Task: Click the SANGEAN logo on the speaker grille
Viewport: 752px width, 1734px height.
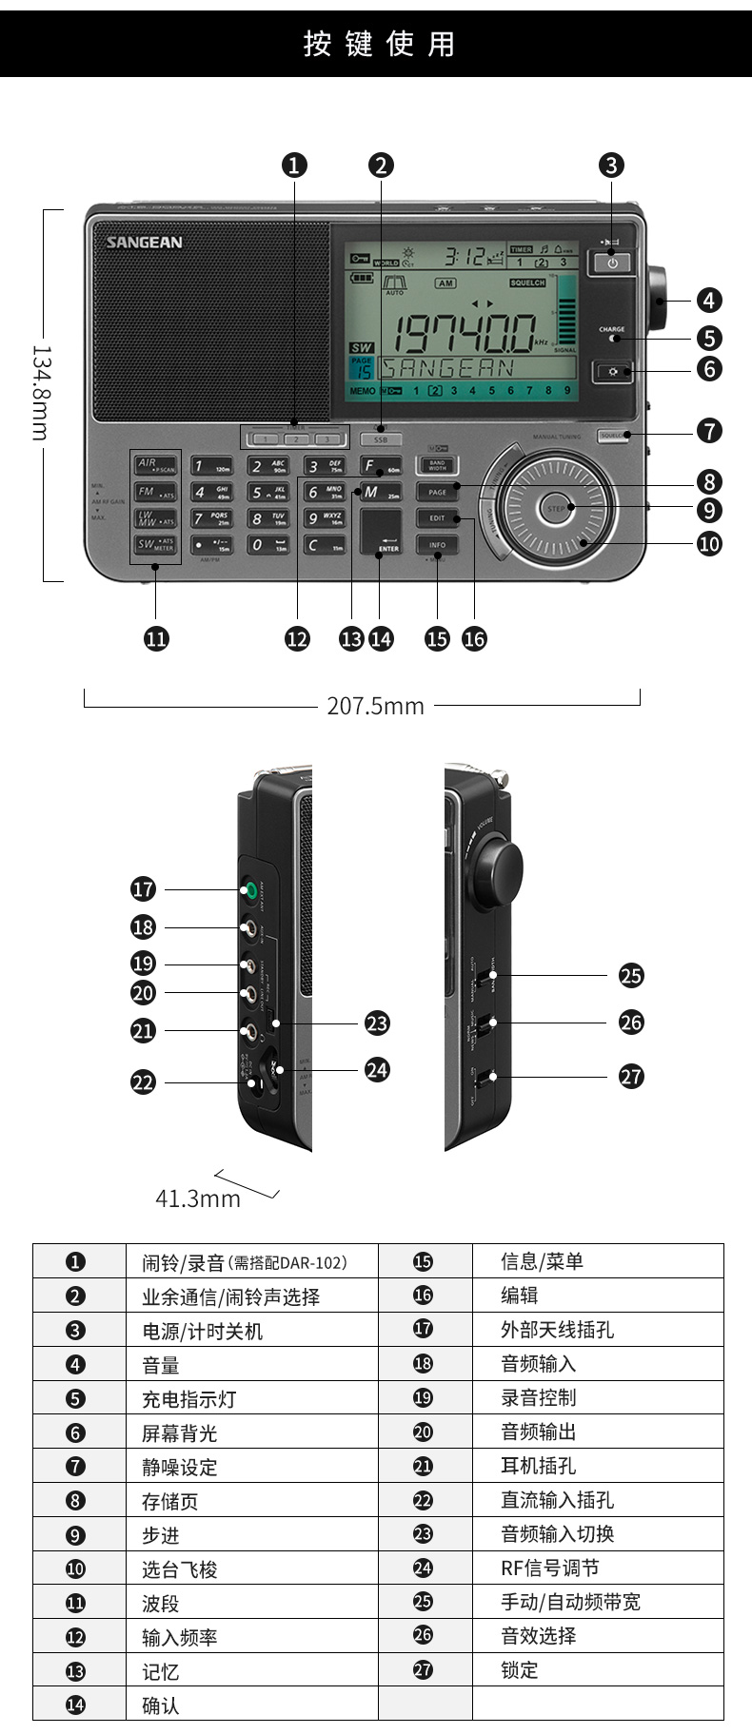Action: pyautogui.click(x=144, y=243)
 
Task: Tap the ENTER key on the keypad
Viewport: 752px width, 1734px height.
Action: pyautogui.click(x=381, y=532)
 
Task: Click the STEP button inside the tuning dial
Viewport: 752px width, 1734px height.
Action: pyautogui.click(x=556, y=508)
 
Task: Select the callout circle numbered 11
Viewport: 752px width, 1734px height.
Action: pyautogui.click(x=156, y=638)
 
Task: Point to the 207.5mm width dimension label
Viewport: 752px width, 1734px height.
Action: pyautogui.click(x=375, y=705)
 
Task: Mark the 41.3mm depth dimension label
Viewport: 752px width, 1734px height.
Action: pyautogui.click(x=198, y=1198)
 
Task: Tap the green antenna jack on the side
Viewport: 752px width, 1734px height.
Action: pyautogui.click(x=249, y=890)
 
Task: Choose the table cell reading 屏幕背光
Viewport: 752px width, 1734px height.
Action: pyautogui.click(x=180, y=1433)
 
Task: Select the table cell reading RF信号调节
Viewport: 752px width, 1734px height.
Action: pyautogui.click(x=549, y=1568)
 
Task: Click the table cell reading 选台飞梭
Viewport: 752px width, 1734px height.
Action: pyautogui.click(x=180, y=1569)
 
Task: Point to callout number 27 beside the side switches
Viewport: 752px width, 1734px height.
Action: pyautogui.click(x=631, y=1076)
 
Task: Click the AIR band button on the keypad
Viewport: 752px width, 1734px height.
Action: pyautogui.click(x=155, y=465)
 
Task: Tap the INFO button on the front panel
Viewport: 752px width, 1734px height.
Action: pyautogui.click(x=437, y=545)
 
